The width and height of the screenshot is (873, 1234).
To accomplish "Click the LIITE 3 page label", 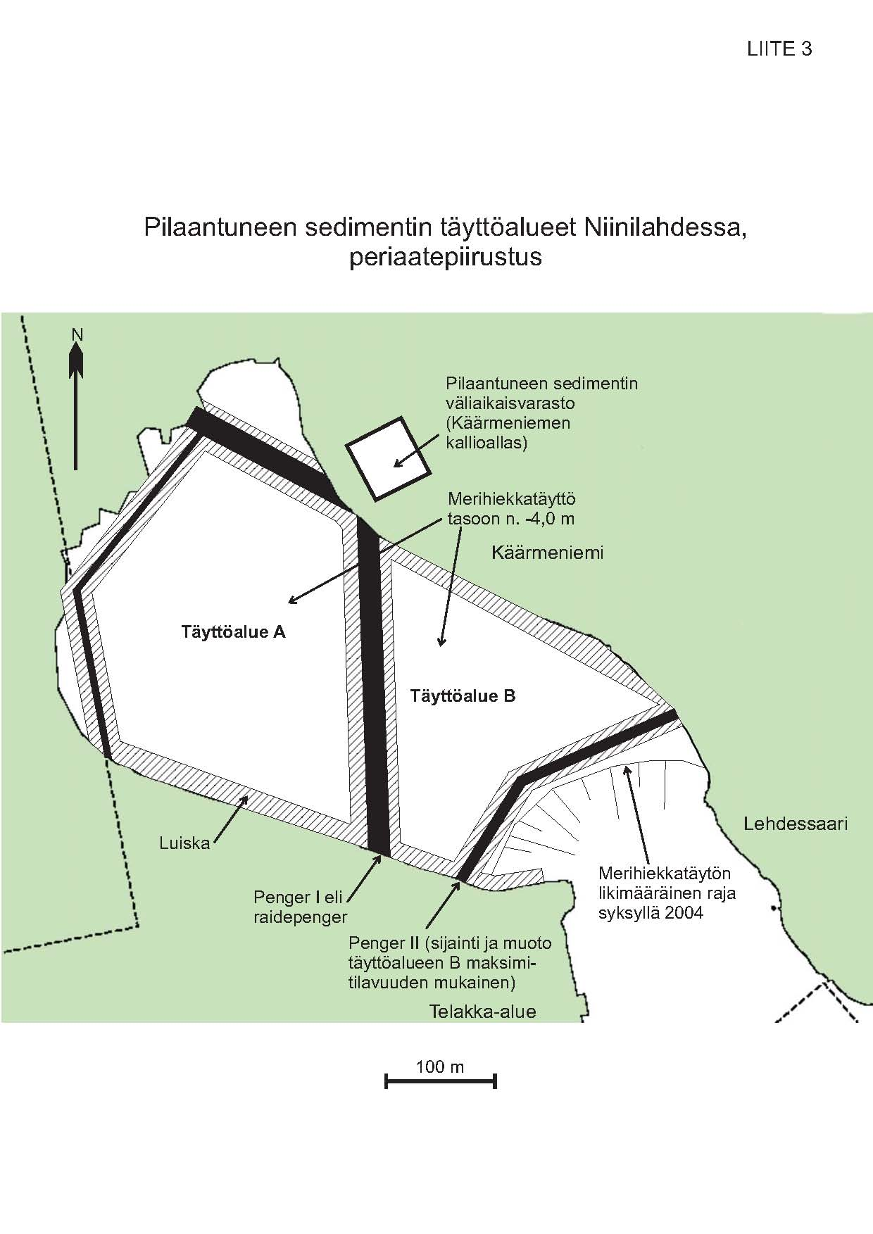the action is [779, 49].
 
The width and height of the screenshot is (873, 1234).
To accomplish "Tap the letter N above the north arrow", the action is [77, 334].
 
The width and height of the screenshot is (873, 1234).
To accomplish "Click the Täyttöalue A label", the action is [234, 631].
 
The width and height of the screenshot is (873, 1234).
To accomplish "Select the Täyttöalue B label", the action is [463, 696].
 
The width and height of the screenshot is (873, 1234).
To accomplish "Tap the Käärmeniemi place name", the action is [548, 553].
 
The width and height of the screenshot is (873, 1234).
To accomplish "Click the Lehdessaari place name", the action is [796, 824].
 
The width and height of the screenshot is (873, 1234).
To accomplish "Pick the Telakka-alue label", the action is [483, 1012].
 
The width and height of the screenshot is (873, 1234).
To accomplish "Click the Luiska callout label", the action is [185, 843].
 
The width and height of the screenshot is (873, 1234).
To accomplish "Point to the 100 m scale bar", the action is [441, 1081].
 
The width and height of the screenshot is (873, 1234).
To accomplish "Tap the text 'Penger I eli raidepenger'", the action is [301, 907].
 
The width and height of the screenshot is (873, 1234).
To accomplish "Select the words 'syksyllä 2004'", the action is [651, 914].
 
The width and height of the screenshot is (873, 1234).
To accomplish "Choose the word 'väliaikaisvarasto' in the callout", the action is [510, 403].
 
